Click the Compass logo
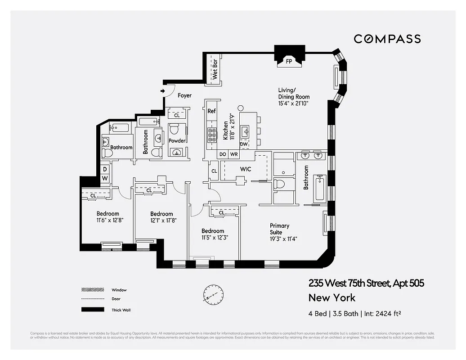tap(387, 39)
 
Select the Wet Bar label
tap(215, 69)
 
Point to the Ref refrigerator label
tap(211, 111)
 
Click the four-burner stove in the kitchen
tap(211, 133)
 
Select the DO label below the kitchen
tap(223, 154)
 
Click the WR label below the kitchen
tap(234, 154)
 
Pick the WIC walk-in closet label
tap(245, 169)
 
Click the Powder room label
tap(177, 141)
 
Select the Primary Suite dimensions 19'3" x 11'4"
tap(283, 239)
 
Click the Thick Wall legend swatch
tap(92, 310)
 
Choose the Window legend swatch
tap(92, 290)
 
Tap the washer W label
tap(105, 179)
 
